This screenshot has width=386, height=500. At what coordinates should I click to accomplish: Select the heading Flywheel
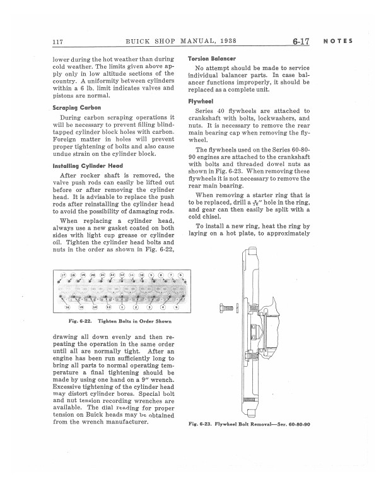click(201, 101)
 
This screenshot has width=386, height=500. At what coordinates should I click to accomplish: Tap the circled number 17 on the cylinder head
click(63, 276)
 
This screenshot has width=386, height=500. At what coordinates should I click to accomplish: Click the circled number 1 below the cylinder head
click(122, 307)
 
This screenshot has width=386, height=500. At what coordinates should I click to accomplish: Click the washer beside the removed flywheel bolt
click(237, 309)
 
